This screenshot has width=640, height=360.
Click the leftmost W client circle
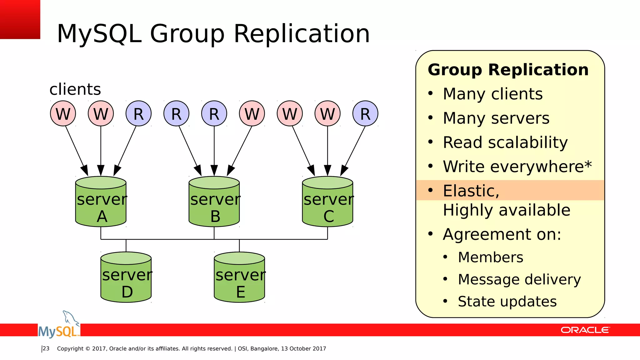click(x=63, y=113)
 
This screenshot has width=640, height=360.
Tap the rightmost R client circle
click(x=365, y=113)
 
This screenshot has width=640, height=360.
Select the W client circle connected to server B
click(x=252, y=113)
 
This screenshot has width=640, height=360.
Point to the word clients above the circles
click(x=75, y=89)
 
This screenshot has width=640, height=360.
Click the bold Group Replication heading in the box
click(x=508, y=70)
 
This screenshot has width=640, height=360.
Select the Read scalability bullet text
click(x=505, y=142)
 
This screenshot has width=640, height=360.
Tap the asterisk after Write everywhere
click(x=588, y=164)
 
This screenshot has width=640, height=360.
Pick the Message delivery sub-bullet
click(x=519, y=279)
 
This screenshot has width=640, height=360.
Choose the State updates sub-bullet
click(x=507, y=302)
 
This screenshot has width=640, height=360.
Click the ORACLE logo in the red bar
click(x=585, y=330)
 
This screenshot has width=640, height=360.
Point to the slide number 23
click(x=46, y=348)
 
